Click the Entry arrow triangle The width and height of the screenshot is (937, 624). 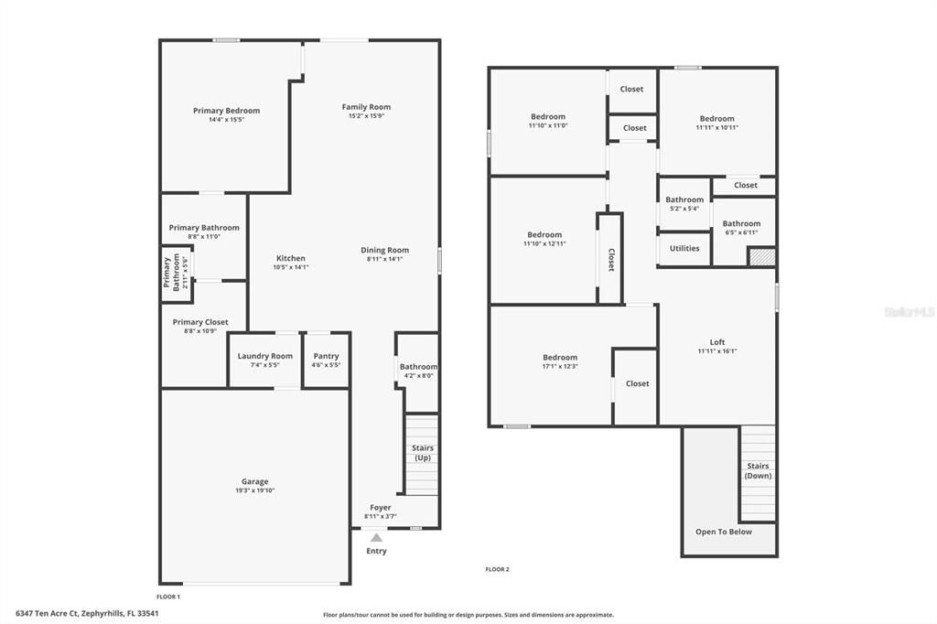(376, 538)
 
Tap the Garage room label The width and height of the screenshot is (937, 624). (255, 481)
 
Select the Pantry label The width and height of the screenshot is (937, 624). (326, 356)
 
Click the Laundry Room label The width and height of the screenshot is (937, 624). (265, 356)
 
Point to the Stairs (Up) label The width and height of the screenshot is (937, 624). (423, 452)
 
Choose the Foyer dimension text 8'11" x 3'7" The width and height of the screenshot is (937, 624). (381, 516)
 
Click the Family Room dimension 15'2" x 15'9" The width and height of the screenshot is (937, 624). (366, 116)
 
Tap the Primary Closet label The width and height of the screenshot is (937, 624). (200, 322)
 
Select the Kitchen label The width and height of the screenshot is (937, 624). (291, 258)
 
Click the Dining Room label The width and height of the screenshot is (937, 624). (384, 250)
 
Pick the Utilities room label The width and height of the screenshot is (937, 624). (684, 248)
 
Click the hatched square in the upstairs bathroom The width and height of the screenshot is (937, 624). (761, 257)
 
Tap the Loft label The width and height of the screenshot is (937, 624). (717, 342)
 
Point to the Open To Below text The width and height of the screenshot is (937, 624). (724, 532)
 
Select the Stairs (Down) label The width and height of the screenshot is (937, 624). (758, 470)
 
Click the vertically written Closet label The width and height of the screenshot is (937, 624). (611, 260)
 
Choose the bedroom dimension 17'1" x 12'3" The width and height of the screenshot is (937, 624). (560, 366)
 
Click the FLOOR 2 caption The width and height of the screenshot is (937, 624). (497, 569)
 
